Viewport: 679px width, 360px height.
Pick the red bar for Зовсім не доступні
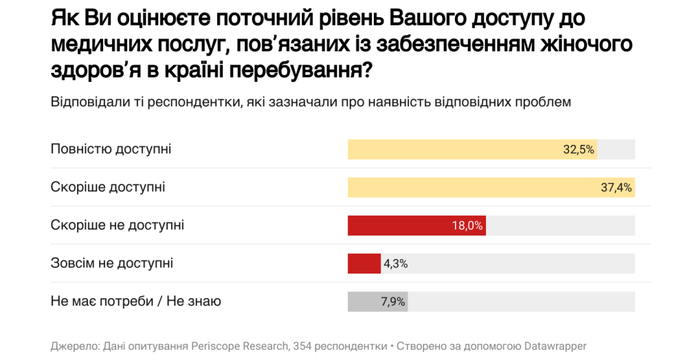click(x=364, y=263)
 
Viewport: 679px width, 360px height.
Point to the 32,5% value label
click(x=579, y=149)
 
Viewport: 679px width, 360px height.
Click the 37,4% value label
click(x=616, y=187)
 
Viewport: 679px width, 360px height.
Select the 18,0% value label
click(x=467, y=225)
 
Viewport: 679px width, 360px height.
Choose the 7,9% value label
click(x=392, y=301)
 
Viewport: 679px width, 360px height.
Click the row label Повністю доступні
click(x=111, y=149)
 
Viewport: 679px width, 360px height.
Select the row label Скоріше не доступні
click(x=118, y=225)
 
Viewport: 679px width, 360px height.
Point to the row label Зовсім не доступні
click(x=112, y=262)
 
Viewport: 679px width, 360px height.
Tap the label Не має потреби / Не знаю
click(x=135, y=300)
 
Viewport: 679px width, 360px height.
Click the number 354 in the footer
click(x=302, y=346)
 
